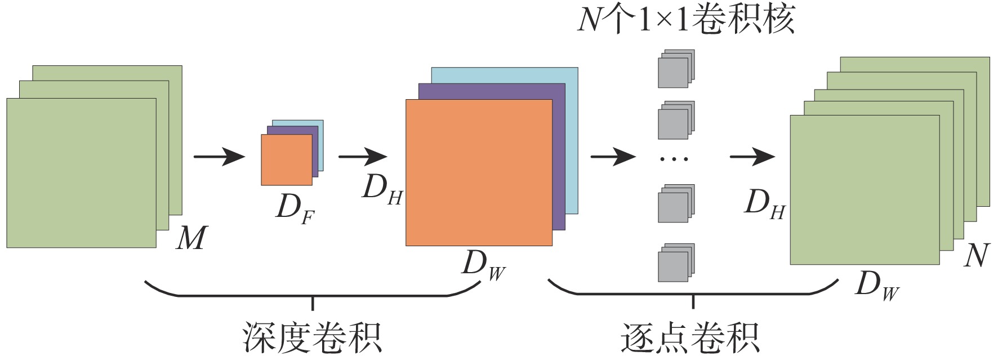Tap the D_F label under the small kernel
click(x=295, y=208)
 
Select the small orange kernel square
click(x=286, y=160)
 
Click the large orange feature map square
click(x=479, y=172)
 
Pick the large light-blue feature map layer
click(x=572, y=141)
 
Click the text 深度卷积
click(x=312, y=337)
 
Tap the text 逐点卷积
click(x=690, y=337)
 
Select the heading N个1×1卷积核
click(x=685, y=20)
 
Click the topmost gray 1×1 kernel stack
click(x=675, y=69)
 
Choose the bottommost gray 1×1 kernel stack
click(x=675, y=263)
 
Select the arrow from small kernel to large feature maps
click(x=362, y=156)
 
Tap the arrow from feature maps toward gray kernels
click(x=612, y=156)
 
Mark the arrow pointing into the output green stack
click(x=752, y=156)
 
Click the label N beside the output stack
click(x=976, y=256)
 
